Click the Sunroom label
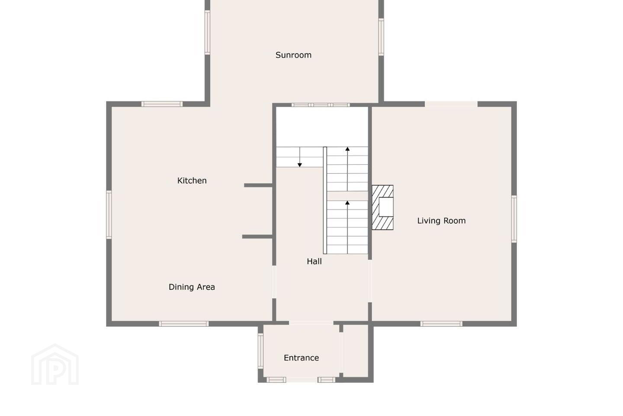tap(293, 55)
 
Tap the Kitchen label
tap(192, 181)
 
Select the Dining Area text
tap(192, 287)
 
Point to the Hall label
tap(314, 261)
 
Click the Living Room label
tap(441, 221)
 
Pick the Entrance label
tap(301, 358)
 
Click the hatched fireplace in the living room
tap(382, 207)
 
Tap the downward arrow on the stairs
tap(299, 157)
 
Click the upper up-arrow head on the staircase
tap(347, 149)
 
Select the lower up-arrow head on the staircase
tap(347, 203)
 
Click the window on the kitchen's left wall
tap(109, 214)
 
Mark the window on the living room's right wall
tap(514, 219)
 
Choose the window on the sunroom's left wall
tap(207, 32)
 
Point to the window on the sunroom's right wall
tap(381, 37)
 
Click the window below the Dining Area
tap(183, 324)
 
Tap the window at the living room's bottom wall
tap(441, 324)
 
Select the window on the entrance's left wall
tap(260, 351)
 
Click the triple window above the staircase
tap(321, 105)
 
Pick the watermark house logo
tap(55, 364)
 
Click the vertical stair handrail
tap(325, 200)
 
